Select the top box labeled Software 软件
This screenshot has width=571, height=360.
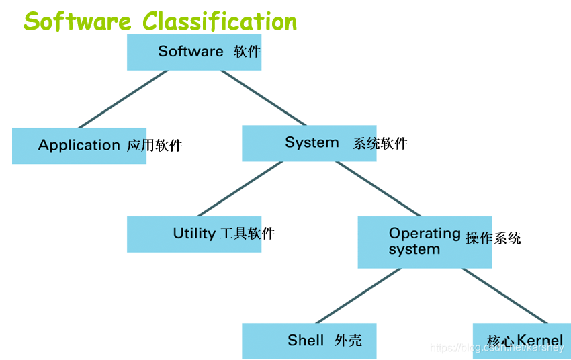(194, 52)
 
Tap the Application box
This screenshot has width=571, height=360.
(79, 146)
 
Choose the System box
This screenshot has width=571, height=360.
(309, 143)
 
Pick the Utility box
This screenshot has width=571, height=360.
(194, 234)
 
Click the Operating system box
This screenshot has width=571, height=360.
(425, 242)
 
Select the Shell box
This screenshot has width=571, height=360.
(309, 341)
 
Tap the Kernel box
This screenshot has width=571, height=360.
(522, 341)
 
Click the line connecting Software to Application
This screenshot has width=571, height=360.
(123, 99)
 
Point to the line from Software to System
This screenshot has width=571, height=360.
(263, 98)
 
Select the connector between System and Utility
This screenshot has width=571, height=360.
(239, 189)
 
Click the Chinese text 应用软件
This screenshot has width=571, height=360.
(155, 146)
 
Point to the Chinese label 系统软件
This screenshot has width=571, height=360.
(380, 143)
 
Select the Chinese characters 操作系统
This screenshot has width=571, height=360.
(493, 238)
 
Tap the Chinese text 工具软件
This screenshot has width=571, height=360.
(247, 234)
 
